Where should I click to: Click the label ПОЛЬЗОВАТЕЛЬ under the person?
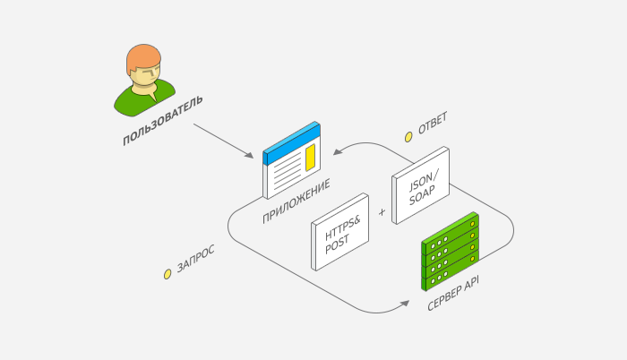click(x=162, y=120)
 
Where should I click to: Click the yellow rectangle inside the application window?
click(x=310, y=159)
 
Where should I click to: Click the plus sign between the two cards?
click(x=382, y=212)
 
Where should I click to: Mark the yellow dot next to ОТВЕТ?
click(x=408, y=137)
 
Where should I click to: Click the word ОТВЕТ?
click(x=432, y=124)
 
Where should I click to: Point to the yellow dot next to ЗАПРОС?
click(x=167, y=274)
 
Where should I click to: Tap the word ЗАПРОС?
click(x=195, y=259)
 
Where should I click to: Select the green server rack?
click(x=451, y=252)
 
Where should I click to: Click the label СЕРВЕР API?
click(x=453, y=293)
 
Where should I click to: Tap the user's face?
click(x=145, y=75)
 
